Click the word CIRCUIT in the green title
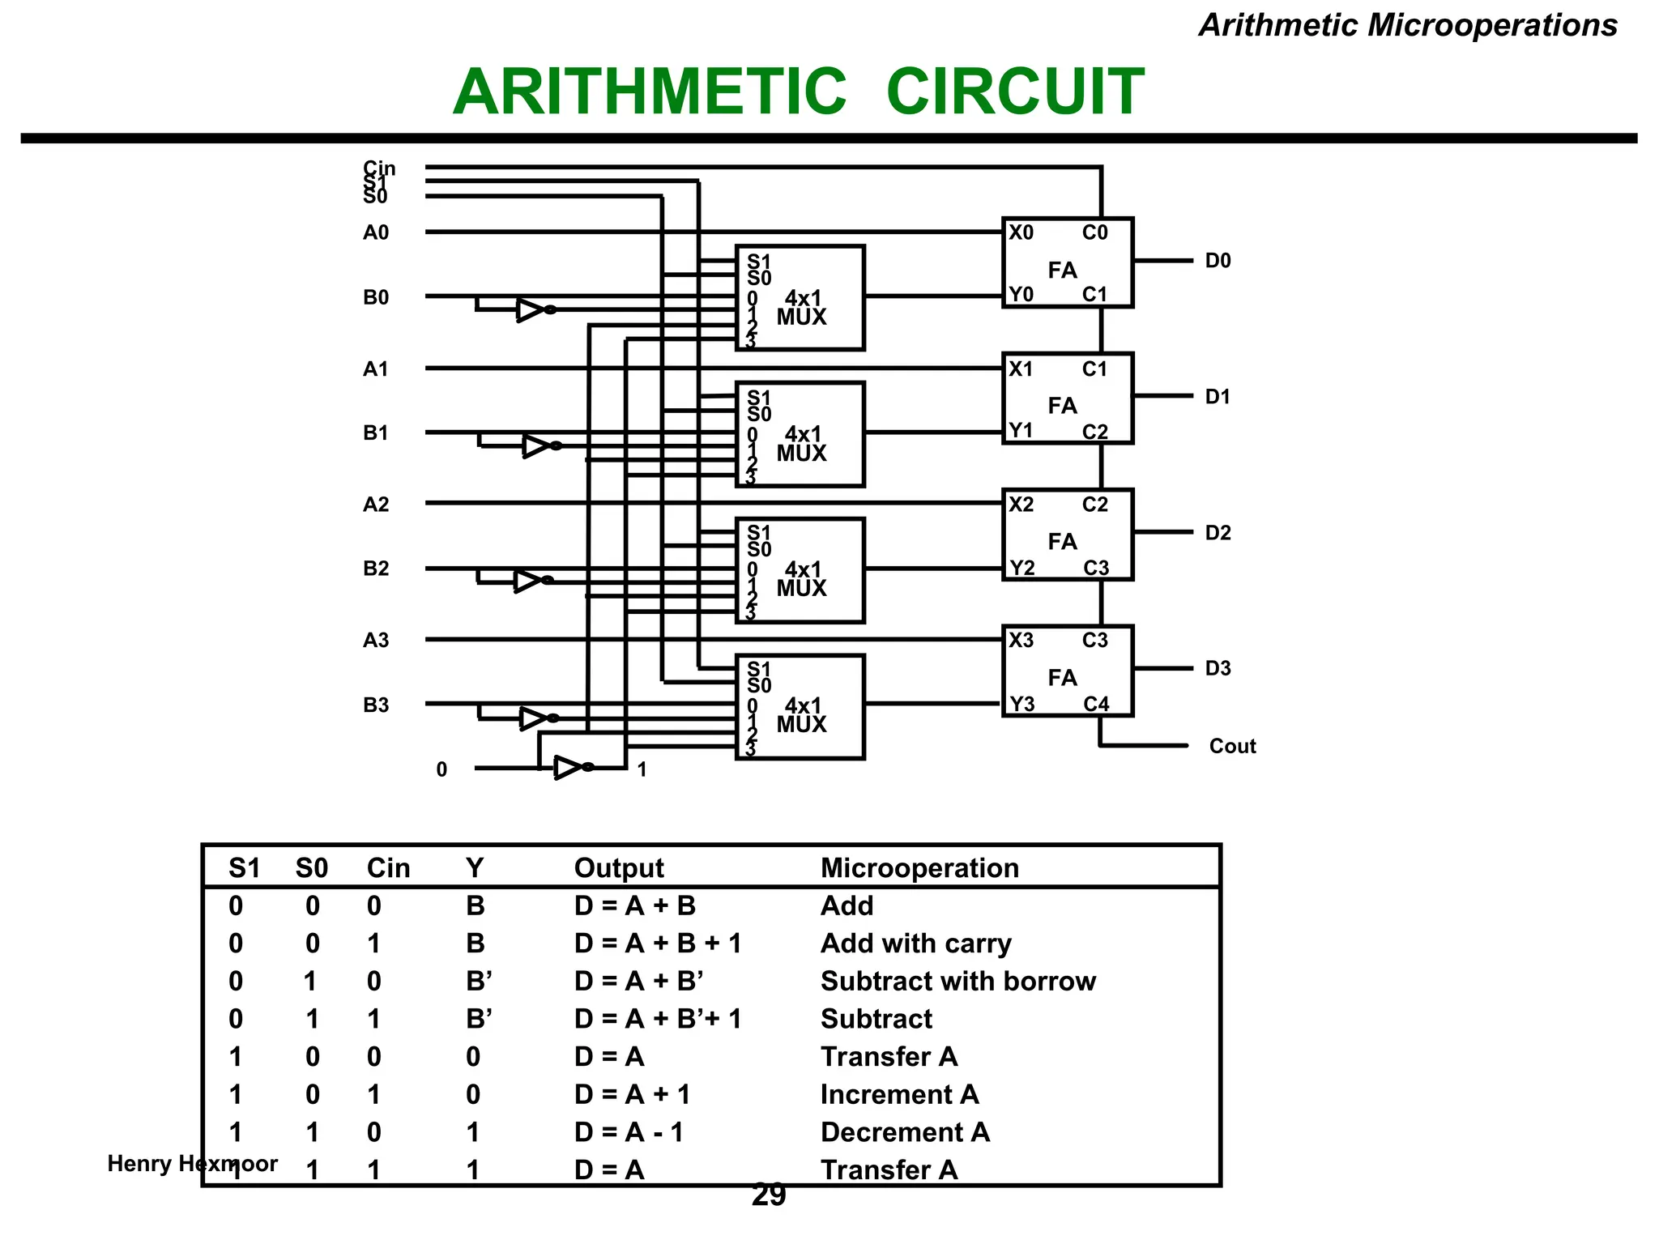[1015, 92]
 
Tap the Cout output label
[1231, 746]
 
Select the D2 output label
[1218, 533]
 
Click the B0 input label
[376, 297]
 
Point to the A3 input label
[376, 641]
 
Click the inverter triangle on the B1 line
[535, 445]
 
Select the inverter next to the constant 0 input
[568, 767]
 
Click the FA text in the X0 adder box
[1062, 270]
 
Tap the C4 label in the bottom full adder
[1096, 704]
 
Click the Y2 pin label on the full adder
[1022, 568]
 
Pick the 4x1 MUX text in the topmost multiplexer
[802, 308]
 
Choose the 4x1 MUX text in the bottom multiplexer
[802, 715]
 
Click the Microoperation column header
[919, 868]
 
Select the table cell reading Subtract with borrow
[957, 982]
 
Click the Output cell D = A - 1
[629, 1132]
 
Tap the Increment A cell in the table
[899, 1095]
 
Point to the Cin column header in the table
[388, 868]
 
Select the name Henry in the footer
[139, 1164]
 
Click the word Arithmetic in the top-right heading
[1278, 25]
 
